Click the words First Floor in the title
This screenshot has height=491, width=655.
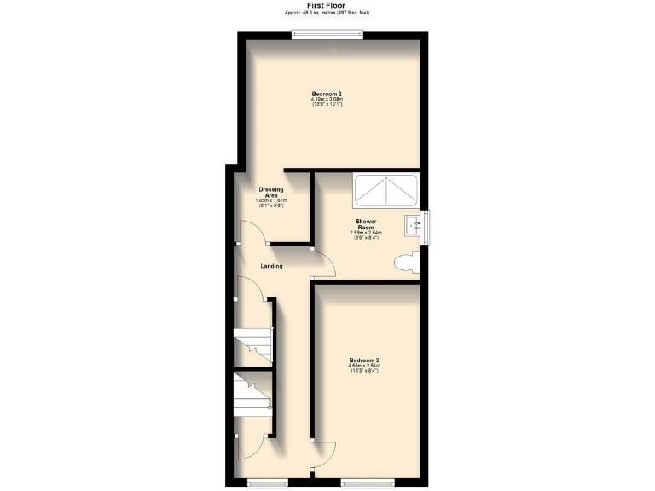pos(327,5)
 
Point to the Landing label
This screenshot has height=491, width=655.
pos(271,266)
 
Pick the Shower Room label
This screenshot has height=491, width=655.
pos(365,223)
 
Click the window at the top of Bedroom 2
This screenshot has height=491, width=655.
pos(328,35)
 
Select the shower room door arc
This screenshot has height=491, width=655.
pos(325,265)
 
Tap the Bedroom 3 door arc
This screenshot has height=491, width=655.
pos(324,453)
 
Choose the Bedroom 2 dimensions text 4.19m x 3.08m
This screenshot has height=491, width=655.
pos(327,100)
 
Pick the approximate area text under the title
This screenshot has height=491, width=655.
pos(327,14)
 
